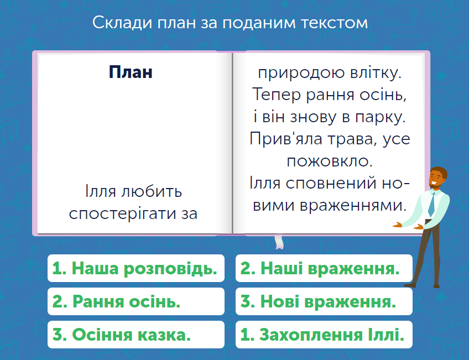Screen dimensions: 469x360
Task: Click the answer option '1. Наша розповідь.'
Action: (x=136, y=268)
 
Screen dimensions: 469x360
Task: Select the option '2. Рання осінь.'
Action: (x=136, y=301)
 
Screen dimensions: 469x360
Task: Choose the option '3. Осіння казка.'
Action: (x=136, y=334)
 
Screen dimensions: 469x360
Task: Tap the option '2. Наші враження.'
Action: (x=324, y=268)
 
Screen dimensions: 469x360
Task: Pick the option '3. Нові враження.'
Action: (x=324, y=301)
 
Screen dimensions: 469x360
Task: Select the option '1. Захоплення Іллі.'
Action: (x=324, y=334)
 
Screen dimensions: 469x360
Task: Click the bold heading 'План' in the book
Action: (x=131, y=72)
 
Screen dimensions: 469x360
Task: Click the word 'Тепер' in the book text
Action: (x=277, y=95)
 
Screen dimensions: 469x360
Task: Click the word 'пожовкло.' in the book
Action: (x=330, y=161)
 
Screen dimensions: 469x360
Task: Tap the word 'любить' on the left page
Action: (x=152, y=191)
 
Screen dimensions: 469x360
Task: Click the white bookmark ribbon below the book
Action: (x=279, y=242)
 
